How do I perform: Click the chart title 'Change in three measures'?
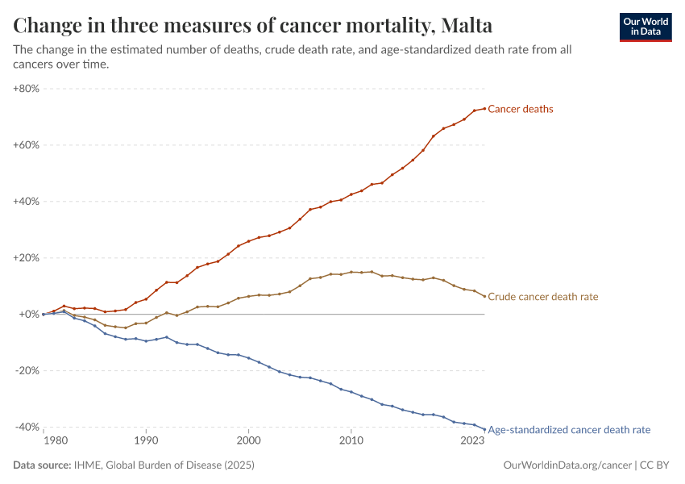[253, 26]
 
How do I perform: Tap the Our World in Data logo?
[645, 27]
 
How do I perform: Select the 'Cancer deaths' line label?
[521, 109]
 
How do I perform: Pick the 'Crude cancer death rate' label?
[543, 297]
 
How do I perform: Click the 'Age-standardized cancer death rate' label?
[569, 430]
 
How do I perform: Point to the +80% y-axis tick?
[27, 89]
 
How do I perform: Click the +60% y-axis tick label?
[27, 145]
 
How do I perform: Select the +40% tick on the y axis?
[27, 202]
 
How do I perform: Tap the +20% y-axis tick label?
[27, 258]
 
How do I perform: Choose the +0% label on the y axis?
[29, 315]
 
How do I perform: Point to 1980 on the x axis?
[55, 441]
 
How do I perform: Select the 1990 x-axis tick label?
[146, 441]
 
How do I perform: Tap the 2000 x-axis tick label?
[248, 441]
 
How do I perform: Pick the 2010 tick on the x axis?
[351, 441]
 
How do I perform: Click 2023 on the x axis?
[472, 441]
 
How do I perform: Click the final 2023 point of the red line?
[484, 108]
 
